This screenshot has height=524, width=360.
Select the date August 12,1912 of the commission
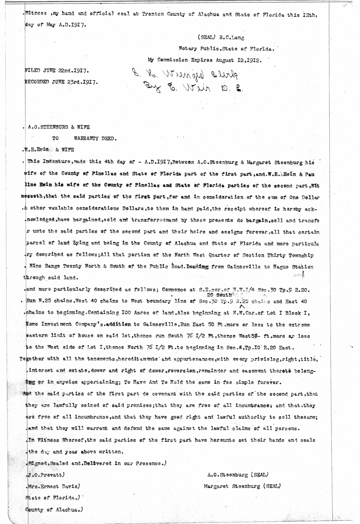pyautogui.click(x=239, y=60)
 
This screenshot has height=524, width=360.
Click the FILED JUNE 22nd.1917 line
pyautogui.click(x=57, y=71)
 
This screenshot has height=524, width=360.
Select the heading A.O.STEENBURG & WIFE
pyautogui.click(x=58, y=127)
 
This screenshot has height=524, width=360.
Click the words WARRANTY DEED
pyautogui.click(x=95, y=139)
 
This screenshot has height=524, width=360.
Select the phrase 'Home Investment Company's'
pyautogui.click(x=73, y=325)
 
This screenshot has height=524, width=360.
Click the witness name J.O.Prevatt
pyautogui.click(x=46, y=475)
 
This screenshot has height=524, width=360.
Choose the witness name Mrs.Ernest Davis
pyautogui.click(x=53, y=486)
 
